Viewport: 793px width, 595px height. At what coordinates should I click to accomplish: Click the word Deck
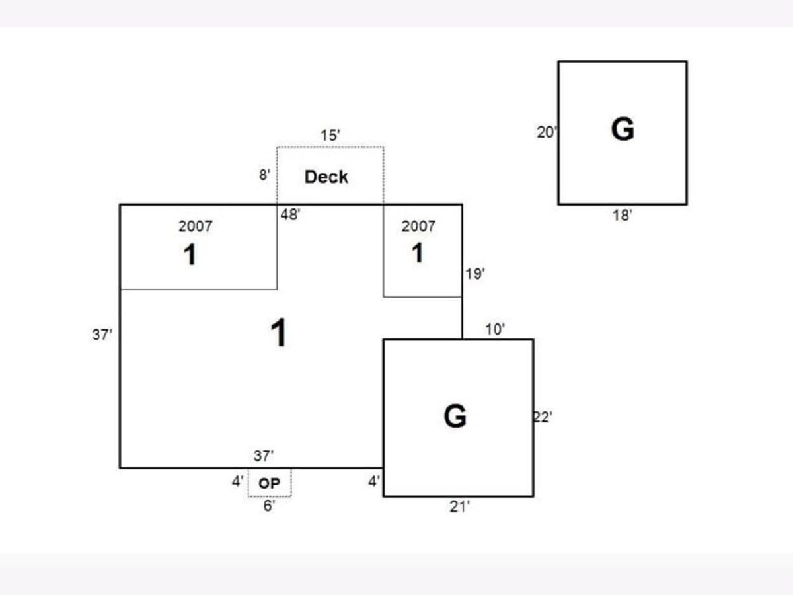click(326, 177)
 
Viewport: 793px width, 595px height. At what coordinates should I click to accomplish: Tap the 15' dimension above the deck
click(330, 136)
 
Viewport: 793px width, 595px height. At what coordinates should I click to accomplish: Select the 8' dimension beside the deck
click(264, 176)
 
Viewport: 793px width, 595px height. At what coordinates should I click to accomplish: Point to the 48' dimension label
click(291, 215)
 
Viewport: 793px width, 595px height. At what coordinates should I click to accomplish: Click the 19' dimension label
click(475, 274)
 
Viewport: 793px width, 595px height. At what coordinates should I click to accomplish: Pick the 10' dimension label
click(496, 329)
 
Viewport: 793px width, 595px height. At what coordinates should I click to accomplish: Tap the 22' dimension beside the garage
click(543, 417)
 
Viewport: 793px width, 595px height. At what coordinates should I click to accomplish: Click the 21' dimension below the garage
click(459, 507)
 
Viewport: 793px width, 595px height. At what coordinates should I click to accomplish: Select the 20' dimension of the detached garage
click(547, 132)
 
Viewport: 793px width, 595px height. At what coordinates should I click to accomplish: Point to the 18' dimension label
click(622, 216)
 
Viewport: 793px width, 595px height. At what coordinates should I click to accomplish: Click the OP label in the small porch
click(270, 484)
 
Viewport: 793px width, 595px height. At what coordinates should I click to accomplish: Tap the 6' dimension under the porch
click(269, 507)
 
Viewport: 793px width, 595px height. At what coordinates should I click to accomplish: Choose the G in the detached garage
click(623, 130)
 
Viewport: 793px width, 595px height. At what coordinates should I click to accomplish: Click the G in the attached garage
click(455, 416)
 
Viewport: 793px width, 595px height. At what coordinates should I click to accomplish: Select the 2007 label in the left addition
click(196, 226)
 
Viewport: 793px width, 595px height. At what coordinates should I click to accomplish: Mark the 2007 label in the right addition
click(418, 226)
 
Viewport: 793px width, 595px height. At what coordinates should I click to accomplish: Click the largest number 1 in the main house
click(280, 333)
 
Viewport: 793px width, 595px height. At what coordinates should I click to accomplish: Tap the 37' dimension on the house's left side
click(102, 335)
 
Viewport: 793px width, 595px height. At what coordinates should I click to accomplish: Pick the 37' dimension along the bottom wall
click(264, 456)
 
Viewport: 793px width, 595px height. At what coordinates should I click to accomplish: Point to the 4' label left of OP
click(237, 482)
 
